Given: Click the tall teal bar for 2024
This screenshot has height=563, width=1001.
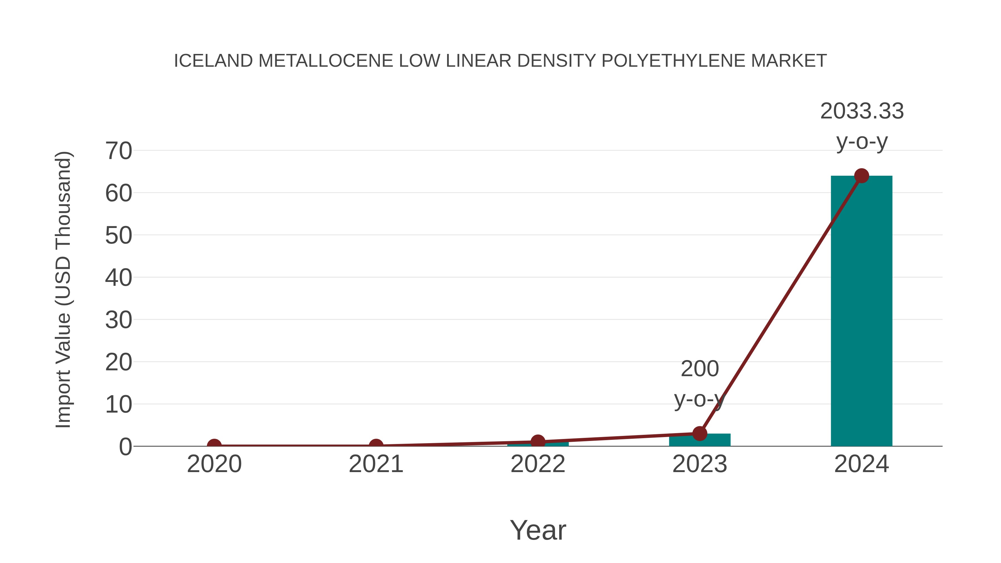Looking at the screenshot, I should click(x=861, y=311).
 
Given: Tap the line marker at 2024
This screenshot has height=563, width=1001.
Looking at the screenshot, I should click(x=861, y=176).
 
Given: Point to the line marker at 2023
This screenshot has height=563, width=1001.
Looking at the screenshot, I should click(x=700, y=433).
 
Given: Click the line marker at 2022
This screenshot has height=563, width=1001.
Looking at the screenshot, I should click(x=538, y=442).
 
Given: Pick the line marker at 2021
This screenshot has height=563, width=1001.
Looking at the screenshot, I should click(x=376, y=446).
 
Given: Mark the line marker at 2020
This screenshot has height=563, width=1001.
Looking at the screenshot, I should click(x=214, y=446).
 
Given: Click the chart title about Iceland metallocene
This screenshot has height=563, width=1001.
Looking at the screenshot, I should click(x=500, y=61).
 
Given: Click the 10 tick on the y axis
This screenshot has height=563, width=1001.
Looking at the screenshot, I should click(x=118, y=405).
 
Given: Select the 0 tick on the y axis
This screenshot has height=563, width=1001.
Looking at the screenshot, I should click(x=125, y=447).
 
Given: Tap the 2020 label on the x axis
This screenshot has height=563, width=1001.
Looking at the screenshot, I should click(x=214, y=464).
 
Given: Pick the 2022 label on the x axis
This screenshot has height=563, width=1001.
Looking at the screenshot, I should click(x=538, y=464).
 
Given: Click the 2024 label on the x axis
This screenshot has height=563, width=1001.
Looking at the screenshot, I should click(x=861, y=464).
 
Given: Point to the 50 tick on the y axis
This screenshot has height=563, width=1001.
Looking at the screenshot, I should click(x=118, y=235).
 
